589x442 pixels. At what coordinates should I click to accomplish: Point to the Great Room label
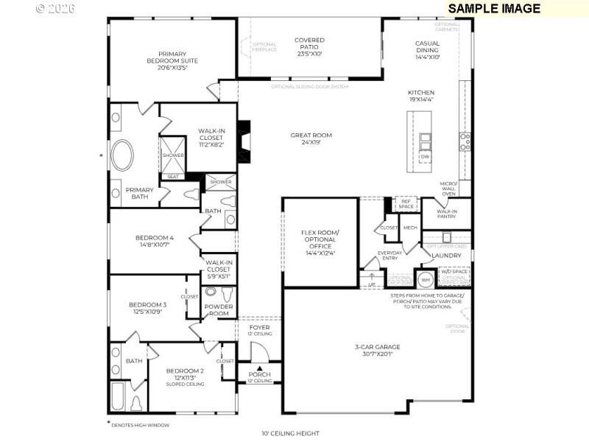[x=311, y=139]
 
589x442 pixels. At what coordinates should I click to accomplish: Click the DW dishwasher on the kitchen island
[x=425, y=157]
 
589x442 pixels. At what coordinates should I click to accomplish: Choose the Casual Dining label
[x=427, y=49]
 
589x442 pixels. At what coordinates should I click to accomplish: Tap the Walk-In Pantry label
[x=446, y=214]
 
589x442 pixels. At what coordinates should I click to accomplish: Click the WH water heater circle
[x=425, y=279]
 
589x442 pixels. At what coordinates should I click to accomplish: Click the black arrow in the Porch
[x=258, y=368]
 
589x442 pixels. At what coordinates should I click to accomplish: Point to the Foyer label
[x=259, y=330]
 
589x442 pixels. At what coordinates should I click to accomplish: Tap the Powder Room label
[x=218, y=309]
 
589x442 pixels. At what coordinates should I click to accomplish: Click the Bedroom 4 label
[x=155, y=242]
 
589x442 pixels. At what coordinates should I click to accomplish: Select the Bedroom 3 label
[x=148, y=308]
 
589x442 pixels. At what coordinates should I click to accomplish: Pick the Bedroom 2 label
[x=184, y=374]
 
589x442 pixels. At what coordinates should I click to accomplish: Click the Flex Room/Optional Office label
[x=320, y=242]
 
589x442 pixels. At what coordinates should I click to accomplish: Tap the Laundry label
[x=446, y=256]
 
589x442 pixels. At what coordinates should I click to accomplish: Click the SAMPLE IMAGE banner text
[x=494, y=9]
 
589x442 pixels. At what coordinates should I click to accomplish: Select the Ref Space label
[x=405, y=203]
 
